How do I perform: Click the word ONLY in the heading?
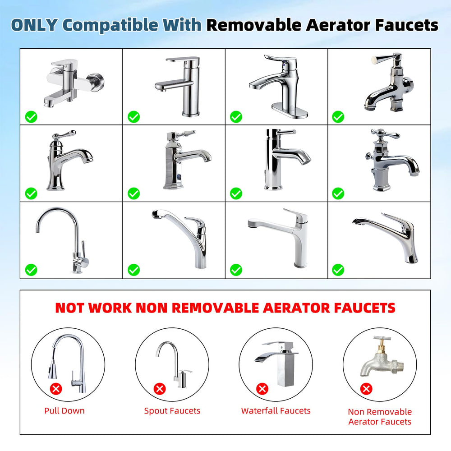34,25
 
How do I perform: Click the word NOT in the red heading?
70,308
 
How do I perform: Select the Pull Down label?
64,410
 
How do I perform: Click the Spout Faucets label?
172,411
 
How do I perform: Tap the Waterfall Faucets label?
276,410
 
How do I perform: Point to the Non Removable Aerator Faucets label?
380,416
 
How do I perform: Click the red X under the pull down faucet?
56,389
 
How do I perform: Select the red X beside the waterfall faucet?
262,389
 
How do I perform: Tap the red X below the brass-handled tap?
366,389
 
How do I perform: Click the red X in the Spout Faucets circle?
160,389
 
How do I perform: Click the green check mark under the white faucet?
236,270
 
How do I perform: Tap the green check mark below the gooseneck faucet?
31,270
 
